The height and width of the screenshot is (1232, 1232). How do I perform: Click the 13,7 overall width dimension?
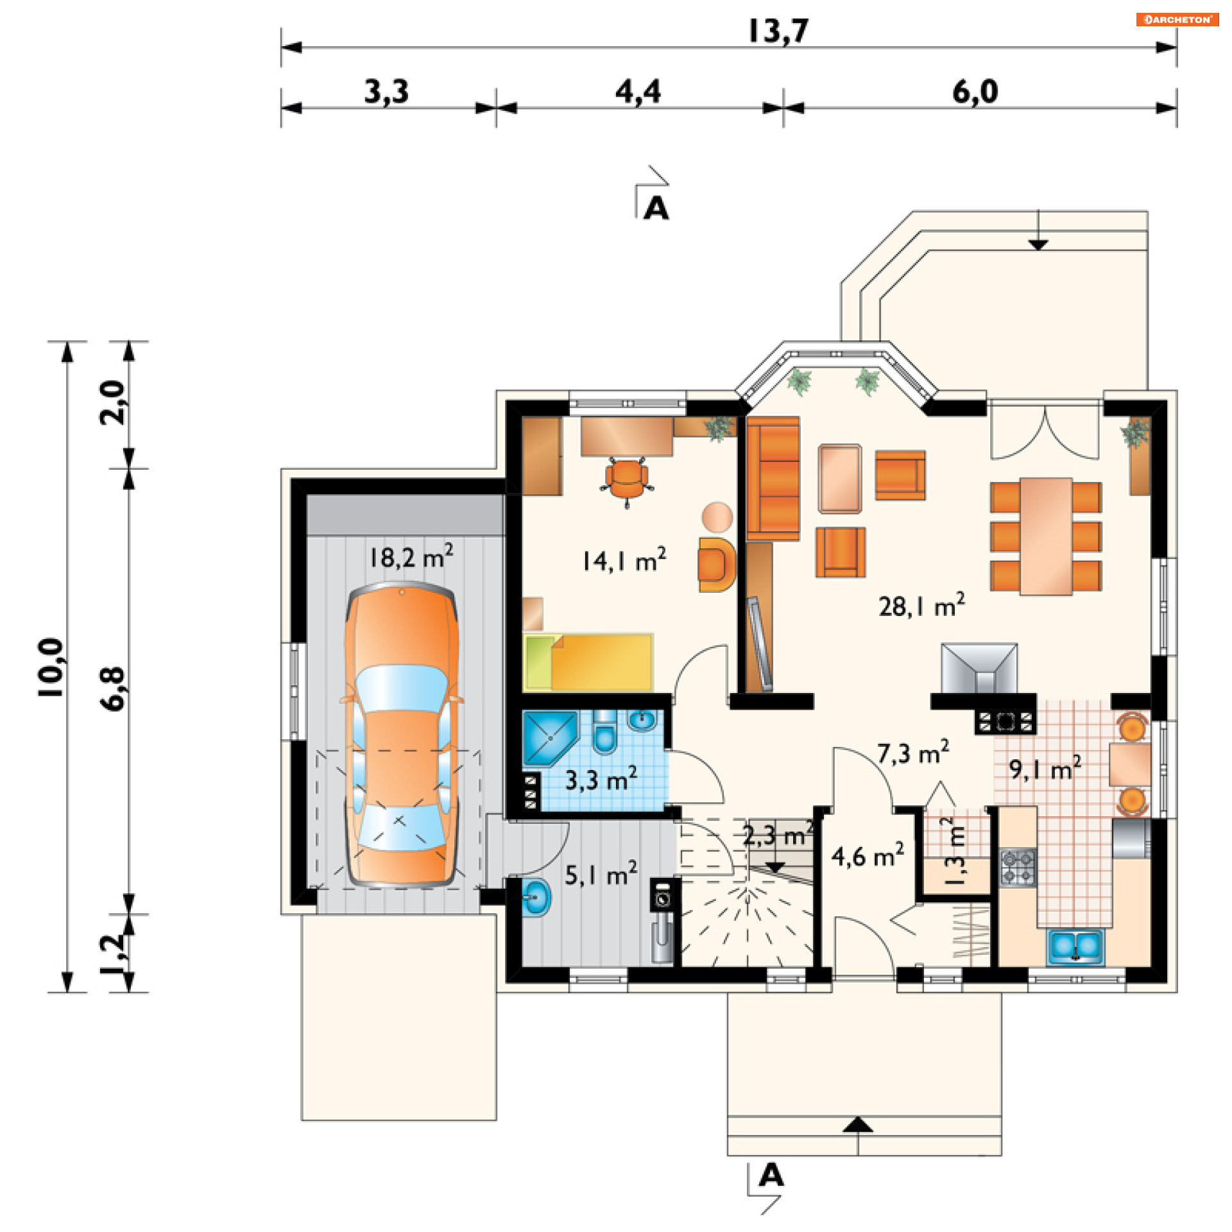[x=778, y=30]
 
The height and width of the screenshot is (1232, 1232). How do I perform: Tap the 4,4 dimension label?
[x=638, y=92]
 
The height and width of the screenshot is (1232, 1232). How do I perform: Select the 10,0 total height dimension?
[x=50, y=668]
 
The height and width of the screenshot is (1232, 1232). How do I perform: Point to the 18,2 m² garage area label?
[x=411, y=556]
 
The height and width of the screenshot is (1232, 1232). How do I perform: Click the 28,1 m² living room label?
[x=921, y=605]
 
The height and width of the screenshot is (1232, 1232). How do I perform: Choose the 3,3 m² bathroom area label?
[x=601, y=779]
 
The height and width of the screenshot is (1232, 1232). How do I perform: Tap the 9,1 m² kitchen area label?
[x=1045, y=768]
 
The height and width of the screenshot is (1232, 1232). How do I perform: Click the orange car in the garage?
[x=402, y=735]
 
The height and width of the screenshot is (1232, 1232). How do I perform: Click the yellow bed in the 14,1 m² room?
[x=588, y=662]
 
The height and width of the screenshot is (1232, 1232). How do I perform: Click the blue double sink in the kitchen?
[x=1075, y=947]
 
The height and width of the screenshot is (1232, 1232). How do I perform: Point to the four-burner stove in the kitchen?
[x=1018, y=868]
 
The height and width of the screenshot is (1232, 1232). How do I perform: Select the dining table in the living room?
[x=1046, y=536]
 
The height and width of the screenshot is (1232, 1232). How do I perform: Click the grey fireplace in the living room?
[x=979, y=669]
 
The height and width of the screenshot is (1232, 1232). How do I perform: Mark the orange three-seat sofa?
[x=773, y=479]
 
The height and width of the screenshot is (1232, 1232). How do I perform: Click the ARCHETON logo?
[x=1177, y=19]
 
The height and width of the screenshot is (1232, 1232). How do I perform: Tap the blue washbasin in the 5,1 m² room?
[x=536, y=896]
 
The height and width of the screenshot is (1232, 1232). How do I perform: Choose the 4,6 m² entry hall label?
[x=868, y=855]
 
